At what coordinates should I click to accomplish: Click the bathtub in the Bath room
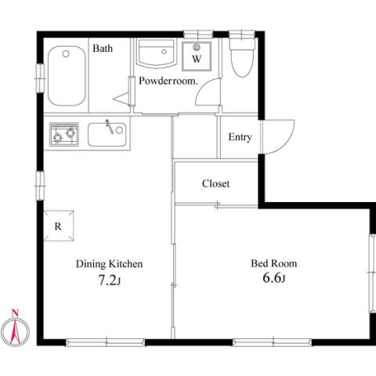pos(67,76)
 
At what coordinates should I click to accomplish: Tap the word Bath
pos(103,49)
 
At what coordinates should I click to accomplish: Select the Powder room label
pos(168,81)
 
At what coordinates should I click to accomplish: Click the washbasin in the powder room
pos(156,53)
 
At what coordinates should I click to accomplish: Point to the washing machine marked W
pos(197,56)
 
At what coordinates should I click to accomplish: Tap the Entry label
pos(240,137)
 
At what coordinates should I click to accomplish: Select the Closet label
pos(215,183)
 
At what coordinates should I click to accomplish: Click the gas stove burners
pos(64,134)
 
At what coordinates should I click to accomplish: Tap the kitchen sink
pos(107,135)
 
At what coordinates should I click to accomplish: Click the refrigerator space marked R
pos(59,226)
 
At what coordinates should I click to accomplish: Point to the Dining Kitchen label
pos(109,264)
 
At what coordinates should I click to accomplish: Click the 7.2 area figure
pos(109,281)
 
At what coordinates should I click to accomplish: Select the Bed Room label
pos(274,263)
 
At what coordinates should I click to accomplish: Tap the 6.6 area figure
pos(273,278)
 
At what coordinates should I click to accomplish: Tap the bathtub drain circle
pos(66,54)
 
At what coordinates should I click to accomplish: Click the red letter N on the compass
pos(15,313)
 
